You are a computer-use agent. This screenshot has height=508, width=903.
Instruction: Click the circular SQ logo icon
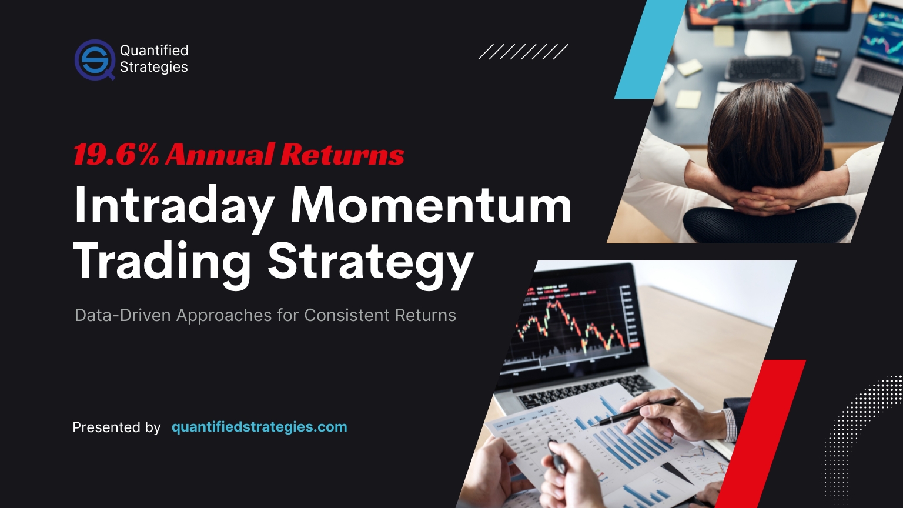pos(95,59)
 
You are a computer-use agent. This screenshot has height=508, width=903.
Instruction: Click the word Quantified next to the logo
pos(154,51)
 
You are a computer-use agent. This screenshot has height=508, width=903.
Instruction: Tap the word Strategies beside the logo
pos(153,67)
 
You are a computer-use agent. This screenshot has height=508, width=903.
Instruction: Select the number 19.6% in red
pos(116,155)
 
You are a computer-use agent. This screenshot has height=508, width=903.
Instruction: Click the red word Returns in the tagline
pos(342,155)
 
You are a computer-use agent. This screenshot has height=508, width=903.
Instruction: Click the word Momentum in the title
pos(431,206)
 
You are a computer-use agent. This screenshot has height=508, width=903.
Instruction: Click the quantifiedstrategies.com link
pos(259,427)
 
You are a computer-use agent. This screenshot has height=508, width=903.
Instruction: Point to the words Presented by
pos(116,427)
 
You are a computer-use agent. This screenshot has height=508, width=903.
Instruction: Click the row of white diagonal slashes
pos(523,52)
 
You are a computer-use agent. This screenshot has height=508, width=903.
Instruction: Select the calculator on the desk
pos(827,62)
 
